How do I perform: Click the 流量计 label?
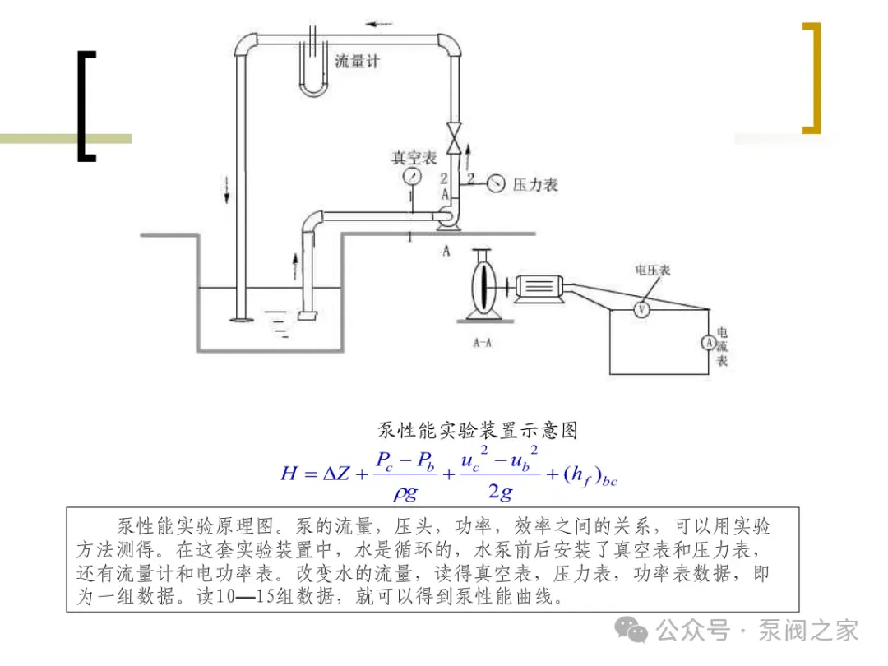tap(358, 62)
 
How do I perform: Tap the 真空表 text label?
tap(414, 158)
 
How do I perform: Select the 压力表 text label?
tap(535, 185)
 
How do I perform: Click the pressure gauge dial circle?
tap(495, 183)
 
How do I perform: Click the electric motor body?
tap(538, 286)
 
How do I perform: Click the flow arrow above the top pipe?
tap(380, 23)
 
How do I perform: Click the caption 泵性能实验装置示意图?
tap(477, 430)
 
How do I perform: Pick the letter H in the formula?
tap(289, 474)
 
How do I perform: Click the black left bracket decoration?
tap(86, 105)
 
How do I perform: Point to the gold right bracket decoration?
tap(812, 78)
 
